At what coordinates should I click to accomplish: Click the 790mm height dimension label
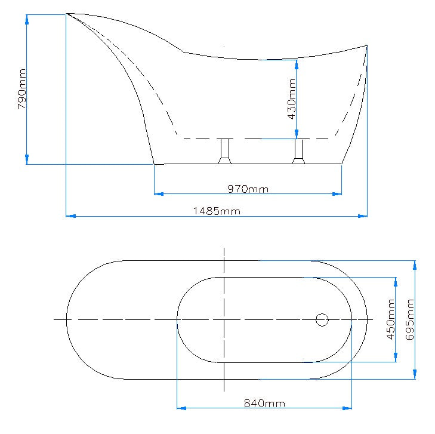[x=21, y=90]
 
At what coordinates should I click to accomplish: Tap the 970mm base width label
[x=248, y=189]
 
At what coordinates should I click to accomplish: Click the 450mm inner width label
[x=391, y=319]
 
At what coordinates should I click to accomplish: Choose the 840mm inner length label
[x=264, y=404]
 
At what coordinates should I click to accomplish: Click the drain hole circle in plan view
[x=322, y=320]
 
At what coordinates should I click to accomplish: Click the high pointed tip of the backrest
[x=67, y=13]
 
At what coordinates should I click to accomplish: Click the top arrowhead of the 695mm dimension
[x=415, y=264]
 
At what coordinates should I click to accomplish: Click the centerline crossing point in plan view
[x=224, y=320]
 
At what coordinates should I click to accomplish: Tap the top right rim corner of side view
[x=366, y=45]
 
